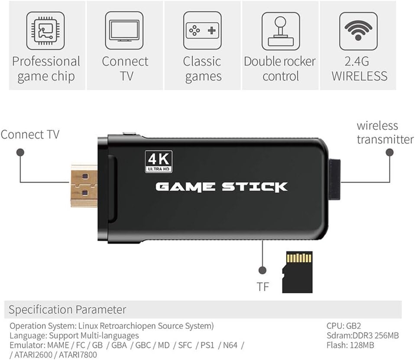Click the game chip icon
click(45, 31)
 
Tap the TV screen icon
click(124, 31)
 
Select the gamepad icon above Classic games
click(202, 31)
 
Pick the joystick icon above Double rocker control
click(280, 31)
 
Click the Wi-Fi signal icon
click(358, 31)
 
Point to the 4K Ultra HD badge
click(159, 162)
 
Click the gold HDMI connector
click(84, 185)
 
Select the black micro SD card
click(297, 272)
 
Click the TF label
click(263, 287)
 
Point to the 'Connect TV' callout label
click(30, 134)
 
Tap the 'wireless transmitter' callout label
click(385, 133)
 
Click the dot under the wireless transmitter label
click(389, 152)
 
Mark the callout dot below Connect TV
click(20, 152)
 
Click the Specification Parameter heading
click(68, 310)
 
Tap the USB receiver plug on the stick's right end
click(334, 179)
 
